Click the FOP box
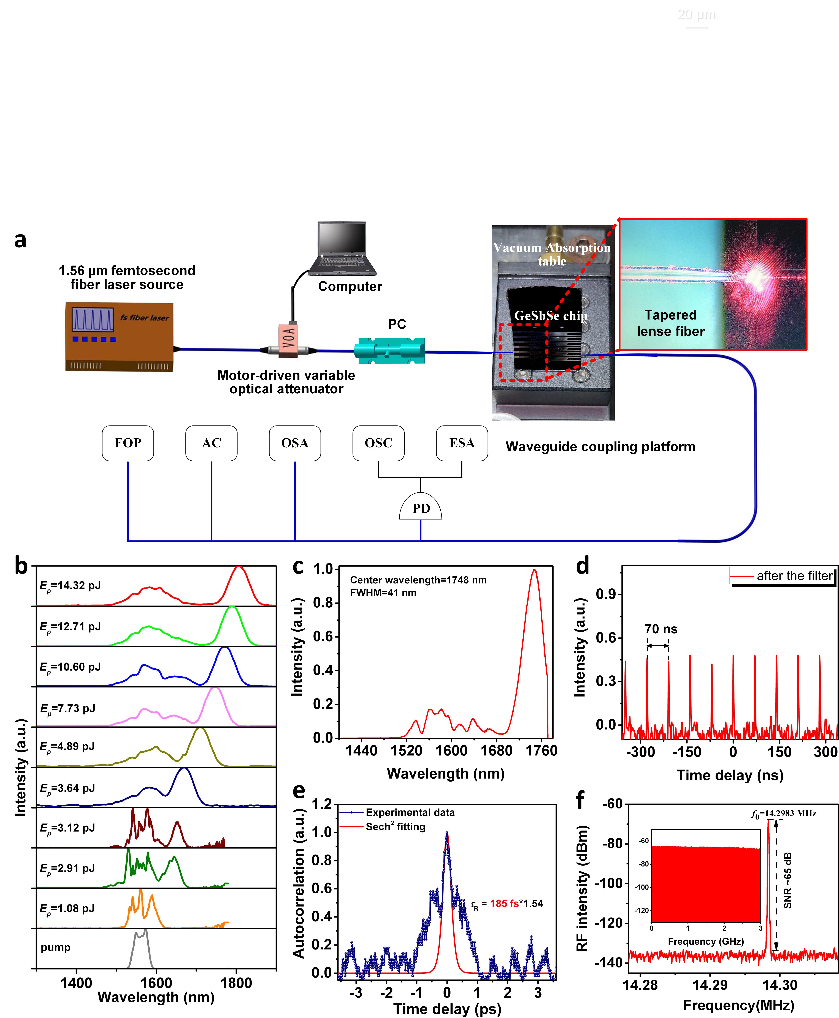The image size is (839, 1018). tap(128, 443)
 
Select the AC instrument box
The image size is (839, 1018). tap(211, 443)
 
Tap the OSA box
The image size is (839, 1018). tap(295, 443)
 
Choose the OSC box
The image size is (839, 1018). tap(378, 443)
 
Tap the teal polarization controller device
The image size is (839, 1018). tap(389, 350)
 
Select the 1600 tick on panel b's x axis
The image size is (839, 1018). tap(156, 983)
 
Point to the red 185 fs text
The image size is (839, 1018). tap(504, 903)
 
